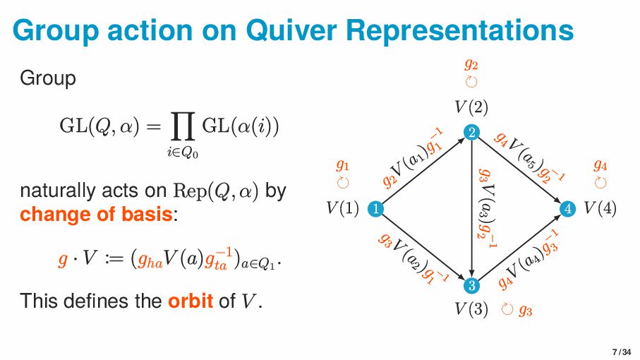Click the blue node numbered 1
click(376, 208)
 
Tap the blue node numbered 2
click(471, 132)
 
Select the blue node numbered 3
click(471, 285)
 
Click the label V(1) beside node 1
click(342, 209)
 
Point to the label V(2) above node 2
click(471, 107)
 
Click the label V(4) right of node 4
click(600, 209)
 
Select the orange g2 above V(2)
click(471, 64)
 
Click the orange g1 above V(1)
click(343, 166)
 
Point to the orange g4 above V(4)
click(600, 166)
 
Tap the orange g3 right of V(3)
click(526, 310)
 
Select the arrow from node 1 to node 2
click(423, 170)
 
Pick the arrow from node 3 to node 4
click(519, 247)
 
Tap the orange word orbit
click(191, 301)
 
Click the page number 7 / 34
click(621, 352)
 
